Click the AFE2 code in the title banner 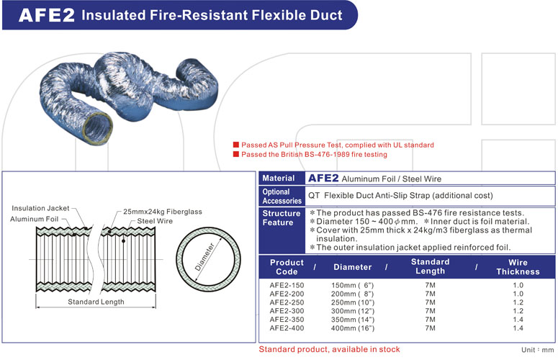47,15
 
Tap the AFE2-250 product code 287,302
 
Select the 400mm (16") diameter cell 352,328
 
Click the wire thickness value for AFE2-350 518,320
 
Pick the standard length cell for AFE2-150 430,285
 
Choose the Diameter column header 352,267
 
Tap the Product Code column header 287,267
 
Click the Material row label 278,178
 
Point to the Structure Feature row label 281,218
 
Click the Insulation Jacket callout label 40,208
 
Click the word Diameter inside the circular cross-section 204,257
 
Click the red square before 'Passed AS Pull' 235,145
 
